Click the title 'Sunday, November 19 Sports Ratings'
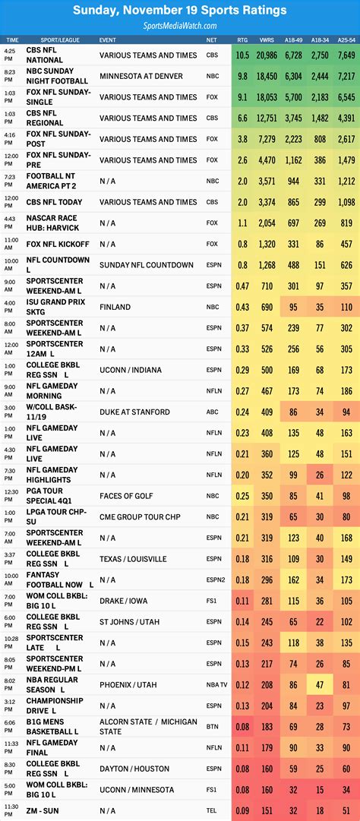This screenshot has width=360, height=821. tap(180, 11)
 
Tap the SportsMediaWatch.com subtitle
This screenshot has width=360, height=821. tap(180, 25)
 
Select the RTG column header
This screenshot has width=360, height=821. tap(242, 39)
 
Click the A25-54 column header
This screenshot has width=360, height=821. tap(346, 39)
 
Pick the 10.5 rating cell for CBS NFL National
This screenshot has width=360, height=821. tap(242, 55)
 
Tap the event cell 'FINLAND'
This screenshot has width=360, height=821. tap(115, 307)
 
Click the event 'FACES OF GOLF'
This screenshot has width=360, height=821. tap(126, 496)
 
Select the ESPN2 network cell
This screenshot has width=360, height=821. tap(213, 579)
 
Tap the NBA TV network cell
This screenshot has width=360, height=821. tap(215, 684)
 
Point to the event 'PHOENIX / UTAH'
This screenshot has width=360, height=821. tap(128, 684)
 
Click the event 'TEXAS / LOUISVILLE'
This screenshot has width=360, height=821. tap(133, 558)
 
